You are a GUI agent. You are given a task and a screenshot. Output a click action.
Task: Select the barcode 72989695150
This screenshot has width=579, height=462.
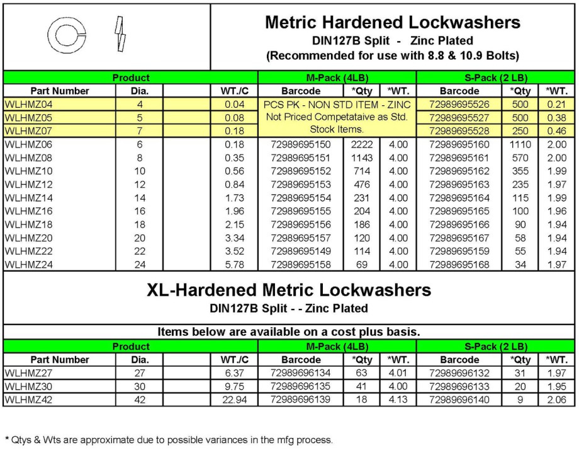[300, 144]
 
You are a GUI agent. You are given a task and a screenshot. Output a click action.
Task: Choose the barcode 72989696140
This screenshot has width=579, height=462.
[460, 400]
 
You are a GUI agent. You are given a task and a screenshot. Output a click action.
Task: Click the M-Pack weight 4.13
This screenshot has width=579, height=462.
[398, 400]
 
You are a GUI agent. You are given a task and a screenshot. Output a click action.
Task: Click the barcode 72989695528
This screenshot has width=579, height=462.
[460, 130]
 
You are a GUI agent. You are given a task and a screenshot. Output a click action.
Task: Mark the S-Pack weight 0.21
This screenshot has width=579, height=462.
[556, 104]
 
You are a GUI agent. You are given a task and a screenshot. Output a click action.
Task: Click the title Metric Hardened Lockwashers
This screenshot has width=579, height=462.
[393, 23]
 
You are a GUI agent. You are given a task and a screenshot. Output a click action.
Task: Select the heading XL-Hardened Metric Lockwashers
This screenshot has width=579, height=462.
[289, 290]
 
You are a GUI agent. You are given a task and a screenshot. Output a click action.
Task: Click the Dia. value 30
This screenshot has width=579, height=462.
[139, 387]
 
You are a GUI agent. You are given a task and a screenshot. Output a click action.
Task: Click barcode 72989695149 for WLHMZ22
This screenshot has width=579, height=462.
[300, 251]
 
